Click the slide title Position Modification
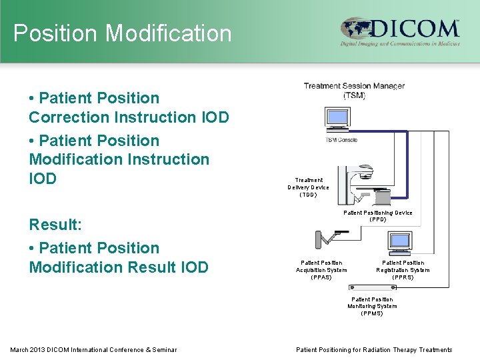(x=123, y=33)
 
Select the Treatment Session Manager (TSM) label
(x=354, y=90)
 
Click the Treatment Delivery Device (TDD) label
(x=309, y=187)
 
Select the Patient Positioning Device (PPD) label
(x=377, y=216)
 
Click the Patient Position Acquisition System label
(x=321, y=270)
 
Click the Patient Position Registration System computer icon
(x=401, y=243)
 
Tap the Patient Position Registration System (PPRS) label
(x=403, y=270)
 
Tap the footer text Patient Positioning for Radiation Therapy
(x=373, y=350)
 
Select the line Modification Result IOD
(x=119, y=267)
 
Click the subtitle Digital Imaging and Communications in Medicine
(x=400, y=44)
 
